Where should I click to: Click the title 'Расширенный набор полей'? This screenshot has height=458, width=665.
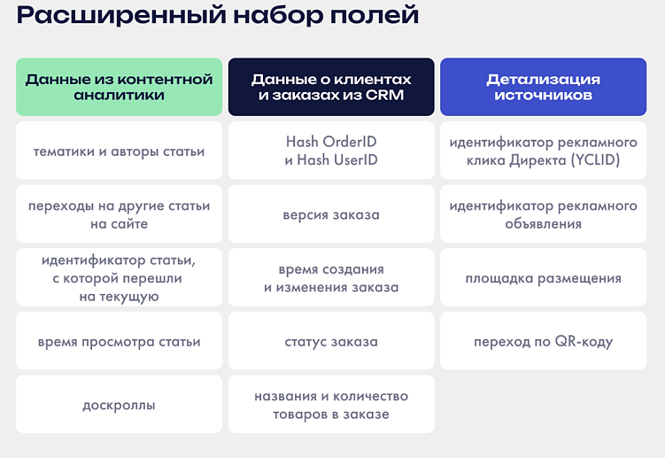218,16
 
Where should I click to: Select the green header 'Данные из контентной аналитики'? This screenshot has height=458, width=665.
119,87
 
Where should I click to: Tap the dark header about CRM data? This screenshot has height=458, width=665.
331,87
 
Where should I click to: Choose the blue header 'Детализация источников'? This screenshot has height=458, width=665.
543,87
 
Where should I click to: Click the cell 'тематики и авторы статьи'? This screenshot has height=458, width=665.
119,151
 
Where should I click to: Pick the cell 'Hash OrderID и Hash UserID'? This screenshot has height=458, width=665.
331,151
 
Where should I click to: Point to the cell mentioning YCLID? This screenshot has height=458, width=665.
543,151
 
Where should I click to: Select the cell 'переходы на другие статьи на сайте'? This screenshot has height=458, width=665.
119,214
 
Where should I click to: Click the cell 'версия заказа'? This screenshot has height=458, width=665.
331,214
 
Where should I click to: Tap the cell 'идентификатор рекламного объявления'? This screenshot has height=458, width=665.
543,214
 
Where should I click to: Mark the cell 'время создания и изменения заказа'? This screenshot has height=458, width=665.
331,278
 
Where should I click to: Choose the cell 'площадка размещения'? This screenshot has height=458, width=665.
543,278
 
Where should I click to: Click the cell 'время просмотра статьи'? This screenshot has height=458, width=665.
119,341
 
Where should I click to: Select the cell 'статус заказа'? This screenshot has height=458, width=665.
331,341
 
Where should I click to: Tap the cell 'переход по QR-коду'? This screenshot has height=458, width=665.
543,341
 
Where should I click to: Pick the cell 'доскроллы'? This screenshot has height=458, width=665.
119,405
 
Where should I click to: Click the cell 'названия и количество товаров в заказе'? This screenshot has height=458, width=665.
331,405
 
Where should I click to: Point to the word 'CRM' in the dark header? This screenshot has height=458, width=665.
383,96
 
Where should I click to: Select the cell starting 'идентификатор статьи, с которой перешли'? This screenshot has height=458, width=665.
119,278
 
